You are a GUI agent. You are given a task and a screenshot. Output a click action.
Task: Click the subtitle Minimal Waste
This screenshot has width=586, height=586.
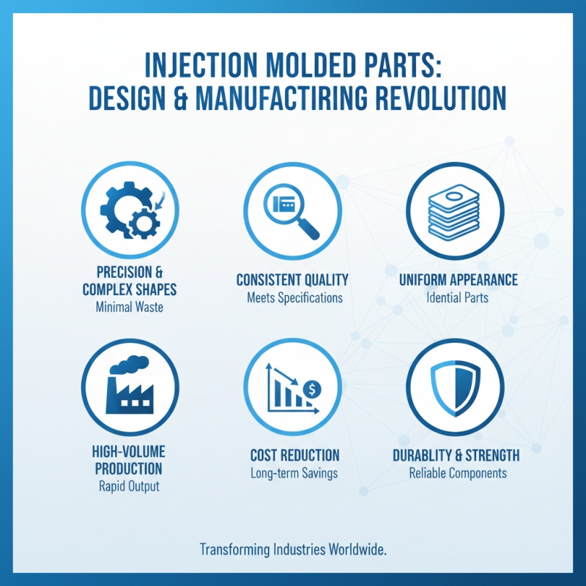coord(129,308)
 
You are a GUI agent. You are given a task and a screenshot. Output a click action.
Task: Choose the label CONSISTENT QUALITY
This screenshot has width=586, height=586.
coord(292,281)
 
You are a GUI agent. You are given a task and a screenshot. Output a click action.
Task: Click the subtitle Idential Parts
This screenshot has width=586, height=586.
coord(458,298)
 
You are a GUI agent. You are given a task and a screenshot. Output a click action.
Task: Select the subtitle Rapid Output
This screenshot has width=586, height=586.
coord(129,485)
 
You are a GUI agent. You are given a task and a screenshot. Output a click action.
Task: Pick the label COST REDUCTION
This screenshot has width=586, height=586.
coord(294,456)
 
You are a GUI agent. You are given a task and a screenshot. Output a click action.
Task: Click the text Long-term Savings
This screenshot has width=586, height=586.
coord(294,473)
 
